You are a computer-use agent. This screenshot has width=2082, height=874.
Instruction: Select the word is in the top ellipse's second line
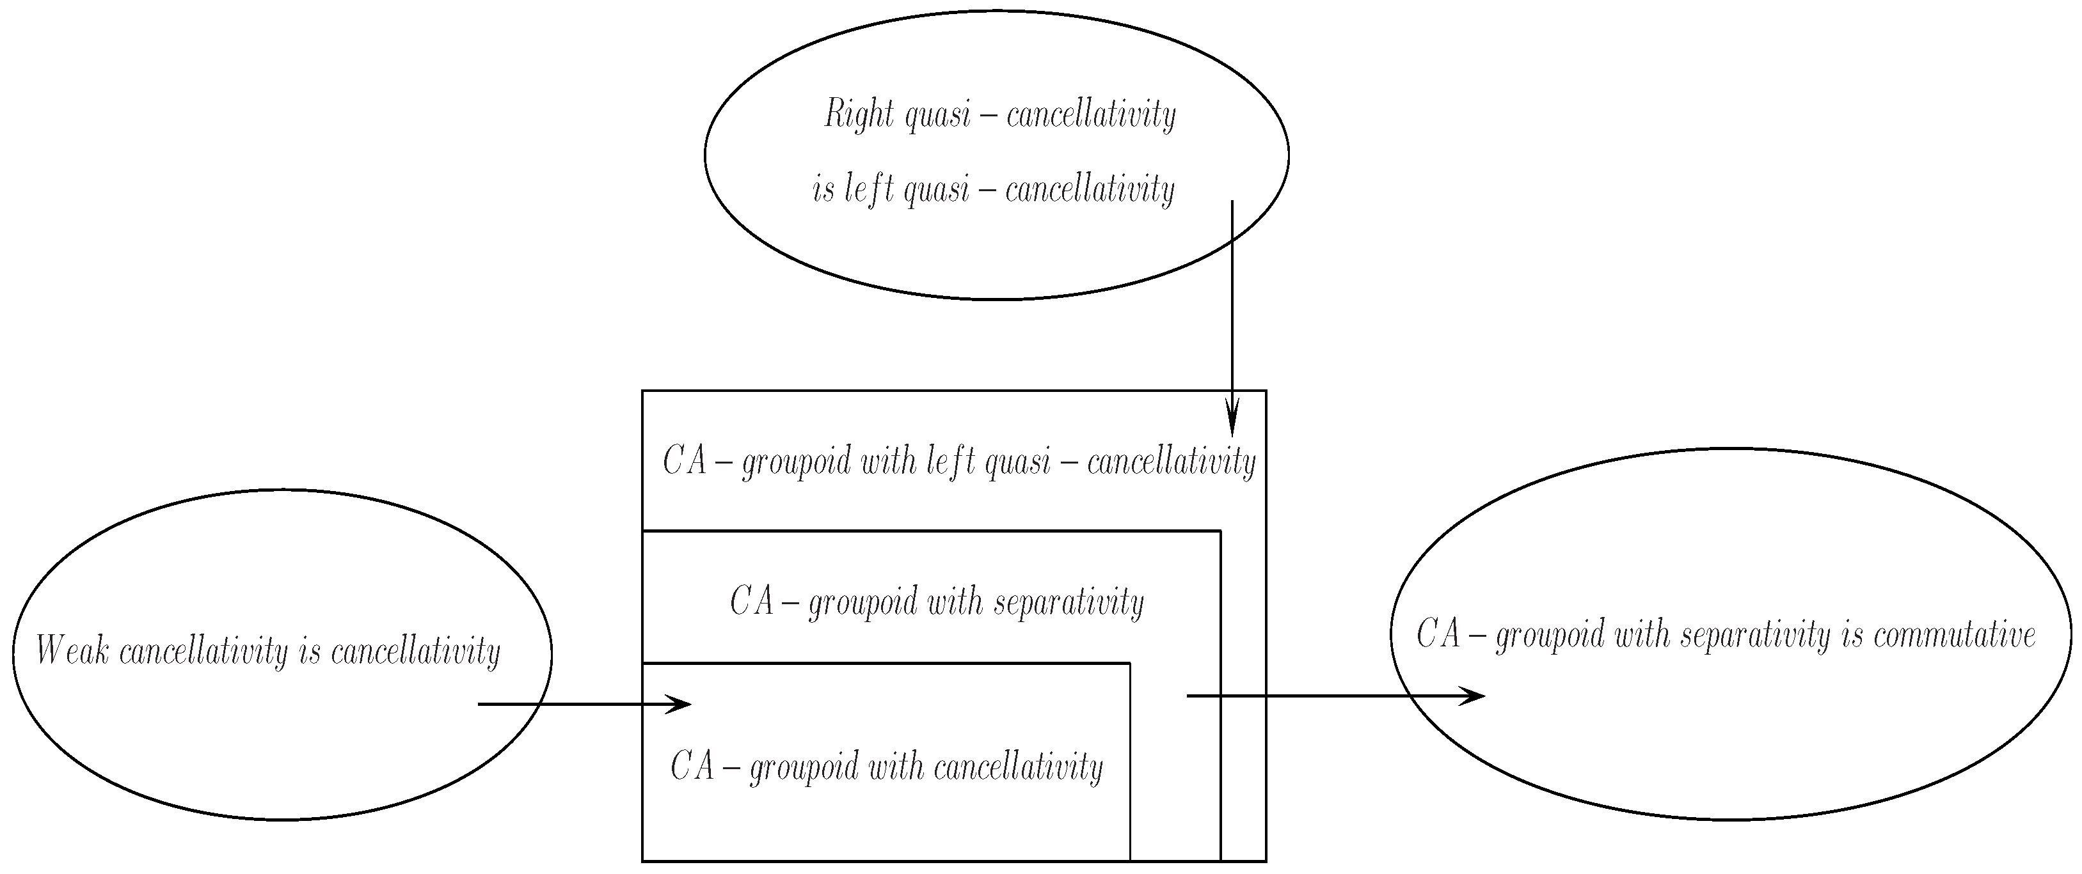(x=823, y=191)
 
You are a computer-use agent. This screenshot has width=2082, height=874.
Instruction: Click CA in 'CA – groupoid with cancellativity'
(x=693, y=767)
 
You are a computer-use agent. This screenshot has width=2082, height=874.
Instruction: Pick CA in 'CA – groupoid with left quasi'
(x=685, y=462)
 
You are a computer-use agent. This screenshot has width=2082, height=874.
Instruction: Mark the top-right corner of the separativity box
(x=1220, y=531)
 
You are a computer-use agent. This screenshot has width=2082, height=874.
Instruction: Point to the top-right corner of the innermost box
(x=1130, y=663)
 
